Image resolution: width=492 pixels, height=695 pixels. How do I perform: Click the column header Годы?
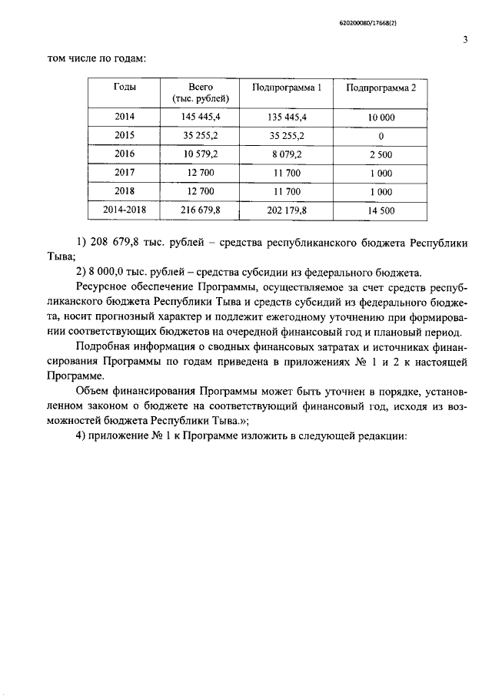click(125, 88)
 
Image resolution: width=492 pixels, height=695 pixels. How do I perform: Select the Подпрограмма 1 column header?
click(287, 88)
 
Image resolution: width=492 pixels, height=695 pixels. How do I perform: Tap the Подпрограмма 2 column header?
click(381, 88)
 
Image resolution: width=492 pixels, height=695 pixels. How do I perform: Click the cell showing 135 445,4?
click(287, 117)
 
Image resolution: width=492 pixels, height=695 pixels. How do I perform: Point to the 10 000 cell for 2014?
click(381, 117)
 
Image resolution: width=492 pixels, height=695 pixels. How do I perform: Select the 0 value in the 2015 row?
click(381, 135)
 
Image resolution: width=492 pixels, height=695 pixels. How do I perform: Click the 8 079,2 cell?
click(287, 154)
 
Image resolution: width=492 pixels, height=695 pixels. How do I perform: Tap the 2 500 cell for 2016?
click(381, 154)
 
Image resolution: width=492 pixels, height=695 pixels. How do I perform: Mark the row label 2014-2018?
click(125, 210)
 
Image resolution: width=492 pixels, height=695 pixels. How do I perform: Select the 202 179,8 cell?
click(287, 210)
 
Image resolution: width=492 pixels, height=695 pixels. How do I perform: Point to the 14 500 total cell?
click(381, 210)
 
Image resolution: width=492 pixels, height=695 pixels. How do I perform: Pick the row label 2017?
click(125, 173)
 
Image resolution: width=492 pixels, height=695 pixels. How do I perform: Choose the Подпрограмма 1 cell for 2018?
click(287, 191)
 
